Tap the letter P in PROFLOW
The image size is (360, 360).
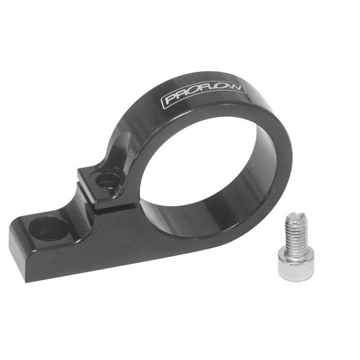point(170,99)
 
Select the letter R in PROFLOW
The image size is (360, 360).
point(180,97)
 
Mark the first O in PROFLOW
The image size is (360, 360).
point(191,94)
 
